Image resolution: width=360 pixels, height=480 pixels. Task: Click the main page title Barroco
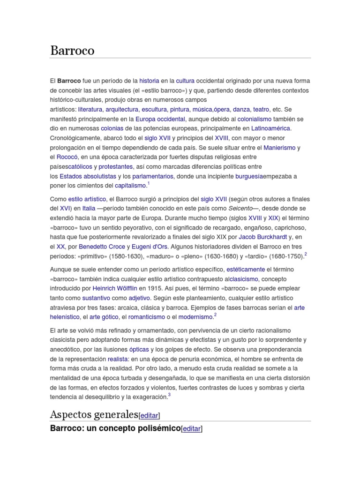click(x=72, y=51)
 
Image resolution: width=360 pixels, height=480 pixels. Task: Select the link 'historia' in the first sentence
click(x=149, y=81)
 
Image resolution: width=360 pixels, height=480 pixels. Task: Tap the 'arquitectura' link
click(x=122, y=109)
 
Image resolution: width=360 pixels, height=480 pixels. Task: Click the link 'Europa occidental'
click(x=160, y=119)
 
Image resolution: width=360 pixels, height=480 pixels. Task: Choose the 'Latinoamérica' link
click(x=271, y=128)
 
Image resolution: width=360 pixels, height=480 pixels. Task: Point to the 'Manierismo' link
click(x=279, y=148)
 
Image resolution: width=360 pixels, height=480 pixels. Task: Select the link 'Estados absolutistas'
click(x=88, y=176)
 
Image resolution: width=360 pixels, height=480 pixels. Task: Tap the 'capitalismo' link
click(x=130, y=186)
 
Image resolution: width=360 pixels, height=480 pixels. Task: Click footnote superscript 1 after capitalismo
click(x=148, y=184)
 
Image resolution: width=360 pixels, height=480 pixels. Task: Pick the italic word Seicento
click(x=240, y=209)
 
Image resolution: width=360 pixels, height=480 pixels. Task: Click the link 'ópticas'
click(x=139, y=350)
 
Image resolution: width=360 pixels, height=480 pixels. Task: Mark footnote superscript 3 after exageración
click(x=169, y=395)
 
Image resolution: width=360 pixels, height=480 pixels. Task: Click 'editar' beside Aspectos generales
click(x=150, y=416)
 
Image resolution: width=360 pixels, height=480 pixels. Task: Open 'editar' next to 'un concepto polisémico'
click(x=191, y=428)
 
